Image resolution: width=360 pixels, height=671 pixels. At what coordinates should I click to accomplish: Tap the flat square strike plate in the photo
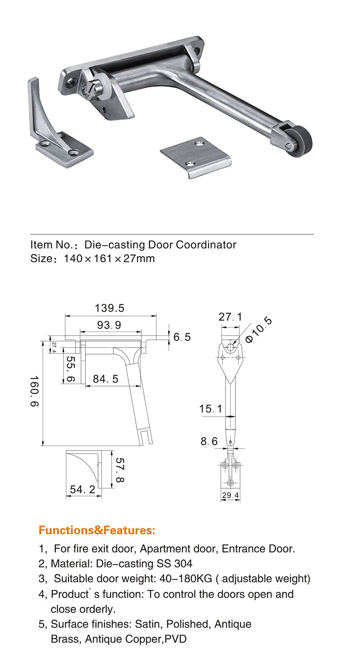point(195,156)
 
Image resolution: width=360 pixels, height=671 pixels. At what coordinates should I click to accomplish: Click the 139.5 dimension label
point(109,308)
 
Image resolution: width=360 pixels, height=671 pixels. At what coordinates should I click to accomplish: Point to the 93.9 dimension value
point(109,325)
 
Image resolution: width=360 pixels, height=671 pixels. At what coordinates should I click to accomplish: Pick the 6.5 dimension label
point(182,337)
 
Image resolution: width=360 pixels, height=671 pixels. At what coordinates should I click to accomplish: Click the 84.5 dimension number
point(106,379)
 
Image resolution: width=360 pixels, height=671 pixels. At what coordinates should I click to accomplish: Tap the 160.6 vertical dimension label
point(35,392)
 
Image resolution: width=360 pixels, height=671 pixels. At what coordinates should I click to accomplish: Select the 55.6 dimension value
point(70,370)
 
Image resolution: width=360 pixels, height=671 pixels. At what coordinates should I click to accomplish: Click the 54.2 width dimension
point(83,489)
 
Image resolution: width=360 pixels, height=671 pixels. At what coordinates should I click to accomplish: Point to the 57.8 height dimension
point(119,470)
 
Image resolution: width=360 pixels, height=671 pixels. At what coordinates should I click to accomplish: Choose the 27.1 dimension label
point(230,317)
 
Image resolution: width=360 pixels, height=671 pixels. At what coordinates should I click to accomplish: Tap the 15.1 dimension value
point(211,409)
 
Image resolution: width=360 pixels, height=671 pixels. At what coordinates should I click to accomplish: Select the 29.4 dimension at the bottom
point(230,495)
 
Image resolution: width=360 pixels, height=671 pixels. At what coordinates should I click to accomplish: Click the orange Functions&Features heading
point(97,530)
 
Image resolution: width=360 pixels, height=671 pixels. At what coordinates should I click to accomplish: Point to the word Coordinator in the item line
point(206,245)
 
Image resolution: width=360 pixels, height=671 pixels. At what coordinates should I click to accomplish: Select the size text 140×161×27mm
point(109,258)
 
